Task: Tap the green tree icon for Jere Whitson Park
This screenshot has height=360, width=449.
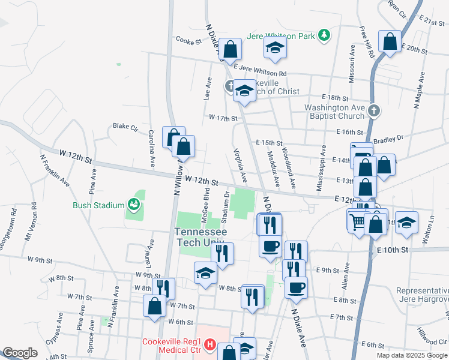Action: click(x=324, y=35)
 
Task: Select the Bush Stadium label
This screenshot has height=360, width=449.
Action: click(x=98, y=205)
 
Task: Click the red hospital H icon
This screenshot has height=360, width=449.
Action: click(x=209, y=344)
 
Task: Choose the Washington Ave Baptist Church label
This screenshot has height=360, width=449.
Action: click(x=334, y=112)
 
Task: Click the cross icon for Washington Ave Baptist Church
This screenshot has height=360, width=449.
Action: click(x=373, y=110)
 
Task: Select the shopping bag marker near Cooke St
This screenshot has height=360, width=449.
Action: click(x=230, y=49)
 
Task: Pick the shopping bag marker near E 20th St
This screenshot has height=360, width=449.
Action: click(x=390, y=43)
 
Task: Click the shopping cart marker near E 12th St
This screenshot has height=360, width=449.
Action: click(x=358, y=221)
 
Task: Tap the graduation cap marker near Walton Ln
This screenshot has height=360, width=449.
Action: click(x=406, y=223)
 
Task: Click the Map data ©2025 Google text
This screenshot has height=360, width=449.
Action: click(x=411, y=355)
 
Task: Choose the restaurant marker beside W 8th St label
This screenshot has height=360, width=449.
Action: click(x=163, y=289)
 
